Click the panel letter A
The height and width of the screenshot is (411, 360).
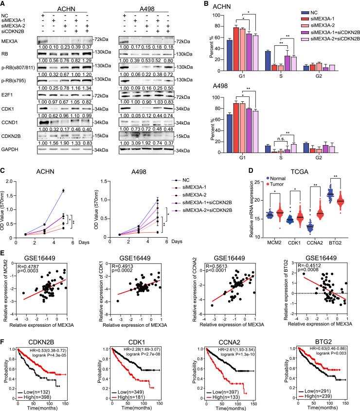[x=3, y=4]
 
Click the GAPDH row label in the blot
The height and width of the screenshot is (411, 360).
[x=9, y=144]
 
